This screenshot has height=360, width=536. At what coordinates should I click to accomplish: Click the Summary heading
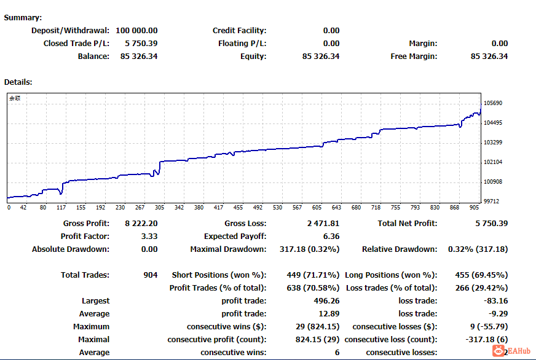coord(23,18)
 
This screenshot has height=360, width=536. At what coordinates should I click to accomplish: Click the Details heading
coord(18,82)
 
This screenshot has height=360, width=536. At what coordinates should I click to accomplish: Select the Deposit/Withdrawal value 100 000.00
coord(136,31)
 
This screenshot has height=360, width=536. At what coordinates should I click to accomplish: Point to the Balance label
coord(93,57)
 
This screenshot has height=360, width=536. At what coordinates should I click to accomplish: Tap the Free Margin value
coord(489,57)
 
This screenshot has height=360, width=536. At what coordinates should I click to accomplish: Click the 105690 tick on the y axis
coord(493,103)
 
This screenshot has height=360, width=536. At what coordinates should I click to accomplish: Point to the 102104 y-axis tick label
coord(493,162)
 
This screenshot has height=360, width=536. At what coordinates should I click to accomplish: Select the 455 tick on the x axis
coord(238,208)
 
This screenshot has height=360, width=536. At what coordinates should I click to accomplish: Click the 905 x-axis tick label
coord(474,208)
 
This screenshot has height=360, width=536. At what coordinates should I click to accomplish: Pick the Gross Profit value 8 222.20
coord(141,224)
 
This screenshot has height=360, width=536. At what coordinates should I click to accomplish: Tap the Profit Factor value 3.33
coord(149,237)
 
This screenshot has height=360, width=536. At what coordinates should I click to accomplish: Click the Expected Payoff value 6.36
coord(331,237)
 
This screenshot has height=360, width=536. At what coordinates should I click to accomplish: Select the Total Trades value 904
coord(151,275)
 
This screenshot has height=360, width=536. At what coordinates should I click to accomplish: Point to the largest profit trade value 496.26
coord(327,301)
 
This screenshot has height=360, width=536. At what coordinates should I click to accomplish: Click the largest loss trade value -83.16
coord(495,301)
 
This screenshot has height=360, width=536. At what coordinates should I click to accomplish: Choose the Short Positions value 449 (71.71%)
coord(313,275)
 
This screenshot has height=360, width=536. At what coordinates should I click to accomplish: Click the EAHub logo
coord(511,351)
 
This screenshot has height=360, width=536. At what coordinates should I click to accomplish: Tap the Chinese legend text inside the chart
coord(15,98)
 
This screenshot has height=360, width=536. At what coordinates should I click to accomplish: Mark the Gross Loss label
coord(245,224)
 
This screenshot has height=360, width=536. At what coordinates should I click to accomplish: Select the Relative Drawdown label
coord(400,249)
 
